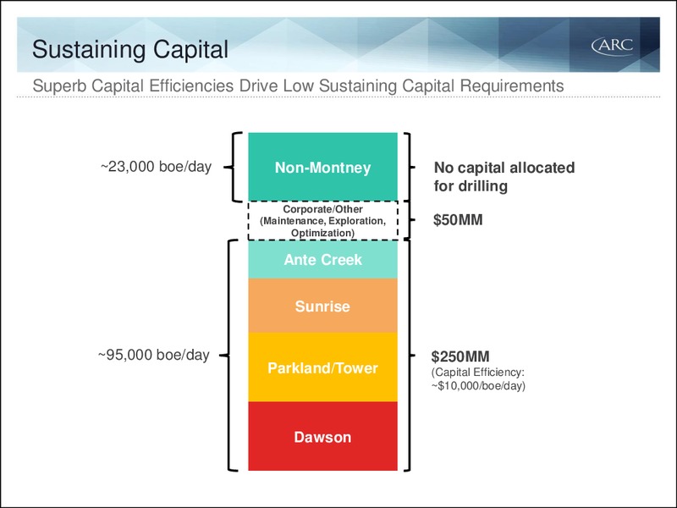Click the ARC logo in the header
click(x=612, y=47)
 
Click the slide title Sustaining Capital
click(x=130, y=49)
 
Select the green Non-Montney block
click(x=322, y=167)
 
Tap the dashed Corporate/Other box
click(x=322, y=221)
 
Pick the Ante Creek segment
click(x=322, y=259)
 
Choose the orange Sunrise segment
click(x=322, y=306)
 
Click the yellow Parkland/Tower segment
click(x=322, y=367)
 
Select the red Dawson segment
click(x=322, y=436)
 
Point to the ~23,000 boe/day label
click(x=156, y=167)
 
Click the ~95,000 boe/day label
click(x=154, y=355)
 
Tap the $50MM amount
click(x=458, y=220)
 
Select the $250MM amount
click(x=460, y=356)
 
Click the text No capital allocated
click(x=504, y=168)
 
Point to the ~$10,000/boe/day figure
click(x=478, y=386)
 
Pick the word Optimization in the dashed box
click(x=322, y=234)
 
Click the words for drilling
click(x=471, y=186)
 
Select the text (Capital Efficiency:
click(x=477, y=373)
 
